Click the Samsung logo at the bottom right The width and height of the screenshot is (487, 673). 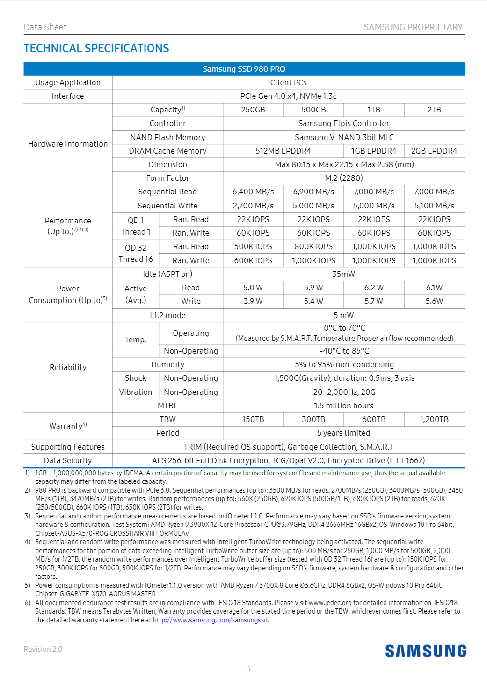point(426,651)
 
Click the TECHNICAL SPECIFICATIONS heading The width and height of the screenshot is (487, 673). point(96,48)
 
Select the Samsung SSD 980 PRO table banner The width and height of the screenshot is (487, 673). point(244,69)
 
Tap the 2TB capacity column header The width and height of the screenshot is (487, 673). point(434,110)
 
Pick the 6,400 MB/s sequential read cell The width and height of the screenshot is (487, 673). point(253,192)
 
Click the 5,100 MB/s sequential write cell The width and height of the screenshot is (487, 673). point(434,206)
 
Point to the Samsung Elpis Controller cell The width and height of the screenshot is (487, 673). point(343,123)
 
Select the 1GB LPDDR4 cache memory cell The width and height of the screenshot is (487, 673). point(374,151)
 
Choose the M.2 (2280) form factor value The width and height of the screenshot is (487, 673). point(343,178)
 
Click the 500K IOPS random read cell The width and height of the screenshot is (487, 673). point(253,246)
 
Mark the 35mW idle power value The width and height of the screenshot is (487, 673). point(343,274)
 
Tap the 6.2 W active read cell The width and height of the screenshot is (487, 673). point(374,288)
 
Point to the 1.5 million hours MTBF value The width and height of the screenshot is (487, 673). point(343,406)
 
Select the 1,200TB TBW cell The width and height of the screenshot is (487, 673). point(434,419)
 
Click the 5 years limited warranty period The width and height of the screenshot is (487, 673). point(343,433)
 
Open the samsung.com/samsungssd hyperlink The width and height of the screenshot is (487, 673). point(210,620)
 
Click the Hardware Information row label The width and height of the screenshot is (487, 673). point(68,144)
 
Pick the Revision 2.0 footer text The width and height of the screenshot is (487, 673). point(43,649)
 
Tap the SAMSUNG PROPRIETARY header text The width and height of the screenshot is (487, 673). point(413,27)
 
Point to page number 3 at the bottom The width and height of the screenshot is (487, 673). point(248,668)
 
